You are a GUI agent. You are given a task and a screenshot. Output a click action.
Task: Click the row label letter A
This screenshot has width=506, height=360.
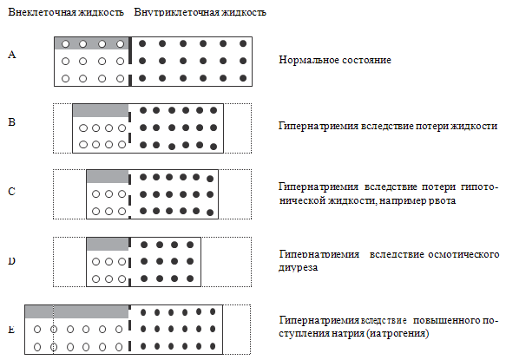pos(11,55)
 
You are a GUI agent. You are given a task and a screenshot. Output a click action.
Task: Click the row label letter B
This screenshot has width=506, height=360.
pos(11,122)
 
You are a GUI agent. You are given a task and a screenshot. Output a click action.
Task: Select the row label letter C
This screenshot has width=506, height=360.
pos(11,192)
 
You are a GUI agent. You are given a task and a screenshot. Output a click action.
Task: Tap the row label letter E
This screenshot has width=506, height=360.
pos(11,330)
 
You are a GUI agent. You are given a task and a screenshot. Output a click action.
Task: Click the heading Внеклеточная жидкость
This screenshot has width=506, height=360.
pos(66,12)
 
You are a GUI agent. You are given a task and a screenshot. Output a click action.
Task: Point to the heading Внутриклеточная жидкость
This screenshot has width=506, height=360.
pos(200,12)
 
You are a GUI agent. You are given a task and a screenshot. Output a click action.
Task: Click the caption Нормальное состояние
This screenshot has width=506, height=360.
pos(335,60)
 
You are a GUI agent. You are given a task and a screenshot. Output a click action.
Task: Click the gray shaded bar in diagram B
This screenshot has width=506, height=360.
pos(101,111)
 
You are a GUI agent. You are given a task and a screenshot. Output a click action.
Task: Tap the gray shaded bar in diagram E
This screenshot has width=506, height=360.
pos(76,312)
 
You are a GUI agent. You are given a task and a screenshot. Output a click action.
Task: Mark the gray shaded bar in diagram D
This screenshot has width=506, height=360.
pos(108,245)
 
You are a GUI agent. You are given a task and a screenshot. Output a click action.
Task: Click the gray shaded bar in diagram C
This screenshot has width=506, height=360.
pos(108,177)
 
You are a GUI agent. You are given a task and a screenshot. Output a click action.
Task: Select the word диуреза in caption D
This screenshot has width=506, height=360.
pos(299,268)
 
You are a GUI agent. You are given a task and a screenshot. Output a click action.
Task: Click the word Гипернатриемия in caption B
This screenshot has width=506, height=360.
pos(319,126)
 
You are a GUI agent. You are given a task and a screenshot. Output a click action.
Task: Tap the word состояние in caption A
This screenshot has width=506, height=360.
pos(366,60)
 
